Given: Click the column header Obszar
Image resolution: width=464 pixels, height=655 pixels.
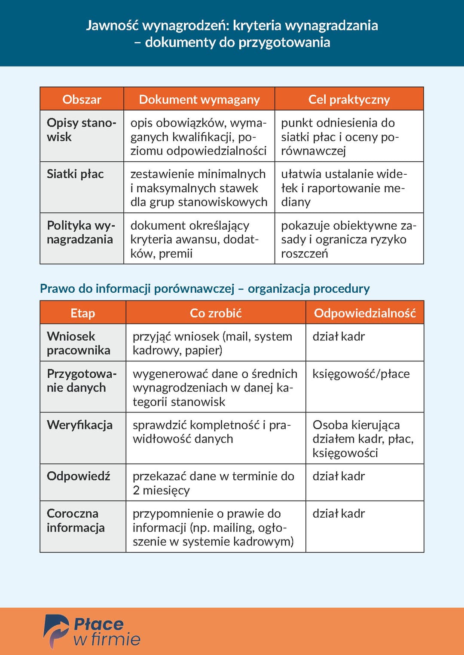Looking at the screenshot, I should click(82, 99).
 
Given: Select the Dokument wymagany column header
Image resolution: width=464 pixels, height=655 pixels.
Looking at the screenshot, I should click(199, 99).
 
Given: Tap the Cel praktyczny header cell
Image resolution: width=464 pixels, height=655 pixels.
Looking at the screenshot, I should click(349, 99).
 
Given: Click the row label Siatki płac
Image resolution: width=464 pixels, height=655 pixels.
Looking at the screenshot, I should click(75, 174).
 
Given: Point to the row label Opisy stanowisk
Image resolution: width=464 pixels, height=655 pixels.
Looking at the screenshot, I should click(81, 130).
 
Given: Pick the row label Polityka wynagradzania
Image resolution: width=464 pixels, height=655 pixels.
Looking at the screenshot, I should click(80, 232).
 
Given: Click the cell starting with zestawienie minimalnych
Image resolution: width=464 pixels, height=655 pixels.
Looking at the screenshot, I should click(198, 188).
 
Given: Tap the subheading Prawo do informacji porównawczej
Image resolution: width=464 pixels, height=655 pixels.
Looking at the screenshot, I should click(205, 288).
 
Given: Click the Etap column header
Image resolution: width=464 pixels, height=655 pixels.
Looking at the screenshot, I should click(82, 313).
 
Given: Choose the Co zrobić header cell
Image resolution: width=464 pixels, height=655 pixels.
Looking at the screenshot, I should click(216, 313).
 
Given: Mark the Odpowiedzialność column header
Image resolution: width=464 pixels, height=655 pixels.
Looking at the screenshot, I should click(365, 313).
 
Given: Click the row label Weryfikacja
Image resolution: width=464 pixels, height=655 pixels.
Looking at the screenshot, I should click(79, 425).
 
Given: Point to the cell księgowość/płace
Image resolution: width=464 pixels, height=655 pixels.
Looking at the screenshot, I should click(361, 374).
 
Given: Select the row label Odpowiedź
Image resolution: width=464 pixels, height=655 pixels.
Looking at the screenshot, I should click(78, 476).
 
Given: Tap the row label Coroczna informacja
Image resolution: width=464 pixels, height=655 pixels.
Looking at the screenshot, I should click(76, 520).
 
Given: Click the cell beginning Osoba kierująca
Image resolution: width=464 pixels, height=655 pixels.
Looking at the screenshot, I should click(363, 439).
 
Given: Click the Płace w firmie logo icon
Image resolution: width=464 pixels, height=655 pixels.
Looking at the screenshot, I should click(56, 631).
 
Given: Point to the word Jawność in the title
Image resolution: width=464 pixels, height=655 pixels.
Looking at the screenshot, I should click(112, 25).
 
